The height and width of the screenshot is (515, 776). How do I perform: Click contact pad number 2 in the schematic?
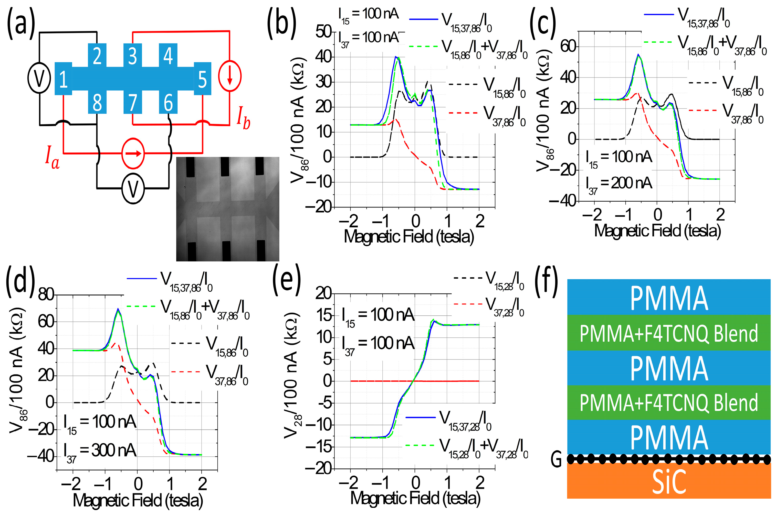coord(97,56)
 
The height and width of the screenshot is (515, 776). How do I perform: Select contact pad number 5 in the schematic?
coord(202,79)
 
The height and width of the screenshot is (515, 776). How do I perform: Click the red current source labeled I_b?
coord(230,76)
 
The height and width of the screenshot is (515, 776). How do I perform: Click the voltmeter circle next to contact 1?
coord(39,79)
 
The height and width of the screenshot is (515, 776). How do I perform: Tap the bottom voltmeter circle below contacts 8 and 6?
coord(133,189)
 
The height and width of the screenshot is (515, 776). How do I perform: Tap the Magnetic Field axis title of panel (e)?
coord(415,498)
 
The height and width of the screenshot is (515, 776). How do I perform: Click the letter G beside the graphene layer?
coord(556,460)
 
